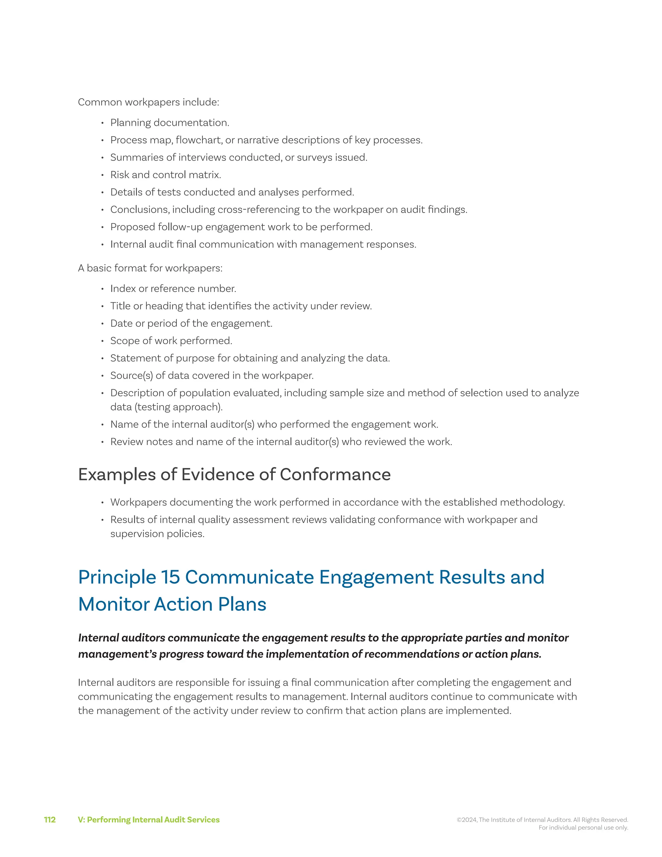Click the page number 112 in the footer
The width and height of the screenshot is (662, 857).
50,820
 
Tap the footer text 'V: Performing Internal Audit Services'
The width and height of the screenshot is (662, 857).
149,820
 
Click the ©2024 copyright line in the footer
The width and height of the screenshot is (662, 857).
542,820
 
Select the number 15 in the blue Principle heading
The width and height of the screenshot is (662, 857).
170,577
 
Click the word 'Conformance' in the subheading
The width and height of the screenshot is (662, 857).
335,474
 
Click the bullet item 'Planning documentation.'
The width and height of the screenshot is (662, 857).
169,123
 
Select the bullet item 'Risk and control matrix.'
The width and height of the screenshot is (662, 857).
165,175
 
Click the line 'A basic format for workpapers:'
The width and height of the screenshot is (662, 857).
150,268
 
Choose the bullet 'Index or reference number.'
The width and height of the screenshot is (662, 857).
173,288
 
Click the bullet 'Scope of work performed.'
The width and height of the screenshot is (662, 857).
171,341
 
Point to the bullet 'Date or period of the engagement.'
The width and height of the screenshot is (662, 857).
191,323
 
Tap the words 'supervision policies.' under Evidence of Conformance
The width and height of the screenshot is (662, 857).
157,534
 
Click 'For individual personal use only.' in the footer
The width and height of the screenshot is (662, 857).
583,828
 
